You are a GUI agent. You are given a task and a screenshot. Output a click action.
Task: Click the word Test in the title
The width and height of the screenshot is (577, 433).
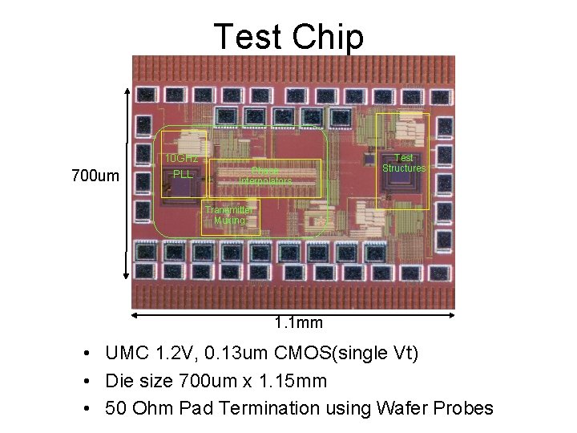coord(248,37)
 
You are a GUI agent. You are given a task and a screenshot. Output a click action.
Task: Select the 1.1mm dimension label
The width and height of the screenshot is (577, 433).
coord(298,323)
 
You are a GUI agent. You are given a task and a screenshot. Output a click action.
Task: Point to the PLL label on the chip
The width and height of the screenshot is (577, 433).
coord(183,174)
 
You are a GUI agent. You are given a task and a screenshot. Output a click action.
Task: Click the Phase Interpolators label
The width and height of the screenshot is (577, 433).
coord(265,176)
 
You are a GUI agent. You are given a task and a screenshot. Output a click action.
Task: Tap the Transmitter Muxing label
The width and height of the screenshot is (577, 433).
coord(228,215)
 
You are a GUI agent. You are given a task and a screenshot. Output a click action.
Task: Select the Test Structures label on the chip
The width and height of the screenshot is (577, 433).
coord(404,164)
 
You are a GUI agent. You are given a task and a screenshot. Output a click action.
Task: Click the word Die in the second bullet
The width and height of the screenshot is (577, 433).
coord(119,381)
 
